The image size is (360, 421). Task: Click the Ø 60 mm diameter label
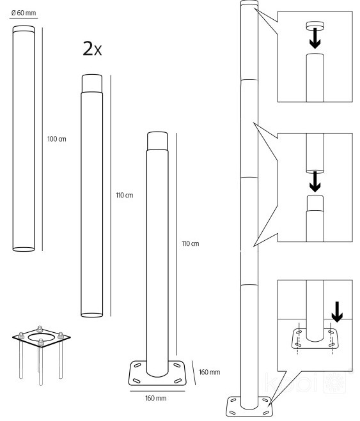[24, 13]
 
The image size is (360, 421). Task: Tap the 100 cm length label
[56, 139]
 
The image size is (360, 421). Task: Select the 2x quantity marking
[92, 49]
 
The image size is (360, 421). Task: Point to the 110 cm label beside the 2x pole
[125, 195]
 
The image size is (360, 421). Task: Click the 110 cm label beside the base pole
[190, 243]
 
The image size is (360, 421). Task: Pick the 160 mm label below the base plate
[155, 398]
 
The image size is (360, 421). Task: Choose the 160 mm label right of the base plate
[209, 372]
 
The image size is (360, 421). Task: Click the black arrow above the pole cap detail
[315, 38]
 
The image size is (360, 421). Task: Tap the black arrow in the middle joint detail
[315, 182]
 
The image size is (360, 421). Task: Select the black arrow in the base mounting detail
[337, 312]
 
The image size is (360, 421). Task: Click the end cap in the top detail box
[315, 26]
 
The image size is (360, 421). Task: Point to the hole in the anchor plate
[41, 337]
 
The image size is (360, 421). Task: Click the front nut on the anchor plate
[40, 342]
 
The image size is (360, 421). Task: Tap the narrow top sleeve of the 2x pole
[92, 84]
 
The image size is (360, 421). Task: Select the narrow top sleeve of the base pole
[157, 141]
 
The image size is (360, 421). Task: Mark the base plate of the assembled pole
[249, 406]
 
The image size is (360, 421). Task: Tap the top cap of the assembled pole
[249, 3]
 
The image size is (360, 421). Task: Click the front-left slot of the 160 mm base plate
[136, 381]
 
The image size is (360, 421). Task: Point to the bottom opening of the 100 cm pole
[24, 249]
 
